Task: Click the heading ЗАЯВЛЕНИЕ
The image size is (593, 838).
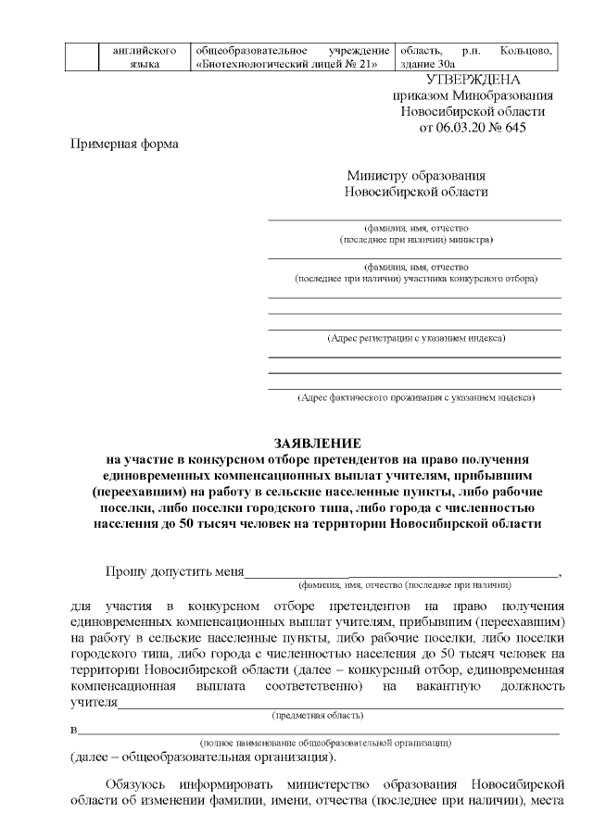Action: (318, 444)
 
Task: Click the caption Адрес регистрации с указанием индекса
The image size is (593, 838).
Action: (416, 338)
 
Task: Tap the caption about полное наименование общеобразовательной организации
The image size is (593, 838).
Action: (325, 743)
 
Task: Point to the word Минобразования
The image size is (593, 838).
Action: (500, 96)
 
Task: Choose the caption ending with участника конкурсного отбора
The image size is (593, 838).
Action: (416, 278)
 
